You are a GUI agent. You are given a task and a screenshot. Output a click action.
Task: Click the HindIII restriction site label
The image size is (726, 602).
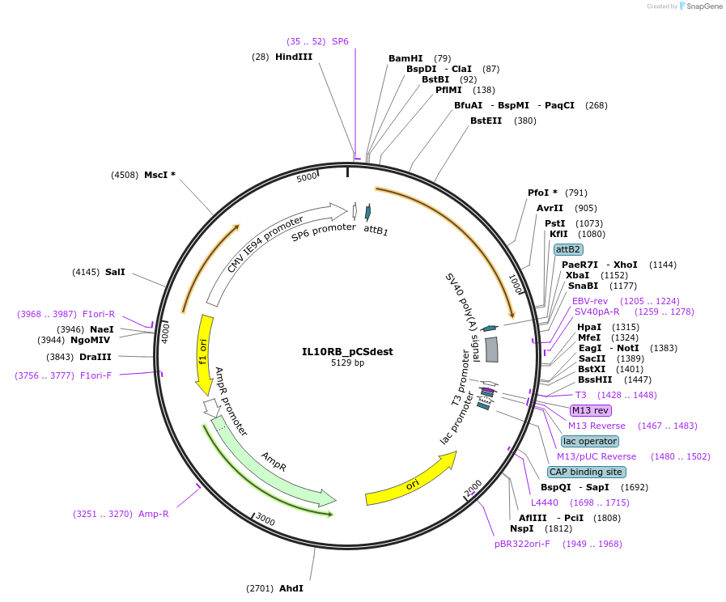[x=293, y=57]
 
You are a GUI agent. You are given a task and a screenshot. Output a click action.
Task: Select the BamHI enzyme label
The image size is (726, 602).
[x=405, y=58]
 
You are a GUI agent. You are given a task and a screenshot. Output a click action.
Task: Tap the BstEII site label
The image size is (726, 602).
[x=486, y=121]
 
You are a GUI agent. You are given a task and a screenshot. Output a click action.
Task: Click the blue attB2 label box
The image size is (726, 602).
[x=568, y=249]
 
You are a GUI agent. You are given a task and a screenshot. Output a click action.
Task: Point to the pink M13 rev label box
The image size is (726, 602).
[x=591, y=410]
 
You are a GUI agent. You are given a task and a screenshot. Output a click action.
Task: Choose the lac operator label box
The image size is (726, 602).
[x=589, y=441]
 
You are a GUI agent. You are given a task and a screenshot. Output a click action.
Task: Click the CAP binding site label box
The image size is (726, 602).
[x=586, y=472]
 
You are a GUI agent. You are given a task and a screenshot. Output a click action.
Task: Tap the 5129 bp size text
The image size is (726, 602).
[x=347, y=363]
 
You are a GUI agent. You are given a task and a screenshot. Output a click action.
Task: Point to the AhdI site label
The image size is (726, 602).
[x=291, y=588]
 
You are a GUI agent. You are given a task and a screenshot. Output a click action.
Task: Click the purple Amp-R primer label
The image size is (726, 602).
[x=153, y=514]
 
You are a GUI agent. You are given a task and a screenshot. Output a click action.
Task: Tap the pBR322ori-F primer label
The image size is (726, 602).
[x=522, y=544]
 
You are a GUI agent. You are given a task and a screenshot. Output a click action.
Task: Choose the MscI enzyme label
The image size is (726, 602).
[x=159, y=175]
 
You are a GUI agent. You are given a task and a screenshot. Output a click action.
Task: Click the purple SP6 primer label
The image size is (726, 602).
[x=340, y=40]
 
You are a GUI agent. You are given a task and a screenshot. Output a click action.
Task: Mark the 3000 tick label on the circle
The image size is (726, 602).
[x=265, y=521]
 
